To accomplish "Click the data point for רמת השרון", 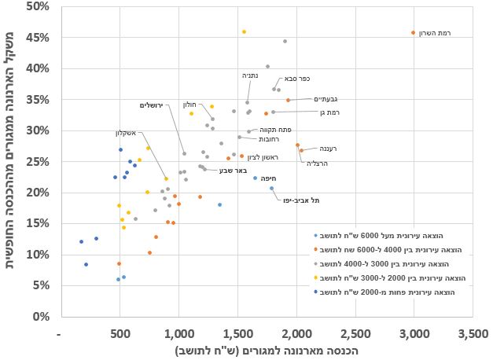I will coord(414,33).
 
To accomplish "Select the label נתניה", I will coord(249,75).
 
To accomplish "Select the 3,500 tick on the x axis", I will coord(473,332).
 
